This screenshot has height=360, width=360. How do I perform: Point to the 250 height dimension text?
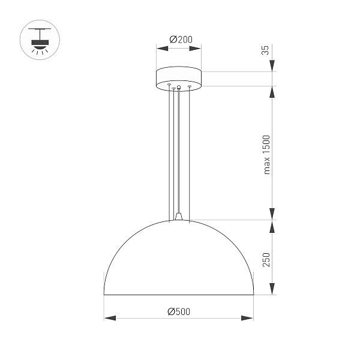click(267, 259)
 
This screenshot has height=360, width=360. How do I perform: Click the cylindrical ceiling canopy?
click(178, 79)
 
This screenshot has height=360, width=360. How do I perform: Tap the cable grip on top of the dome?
click(179, 215)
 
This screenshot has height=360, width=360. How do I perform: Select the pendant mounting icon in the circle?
click(40, 40)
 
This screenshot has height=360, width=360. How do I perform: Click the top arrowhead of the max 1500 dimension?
click(272, 91)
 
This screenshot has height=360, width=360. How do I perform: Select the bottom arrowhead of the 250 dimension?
click(272, 290)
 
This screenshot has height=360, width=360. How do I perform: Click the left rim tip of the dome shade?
click(104, 295)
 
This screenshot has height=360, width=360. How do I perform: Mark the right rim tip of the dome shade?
click(253, 295)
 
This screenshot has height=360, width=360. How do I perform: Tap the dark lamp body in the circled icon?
click(40, 40)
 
